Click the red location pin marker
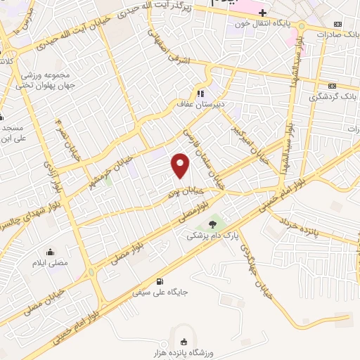click(x=181, y=165)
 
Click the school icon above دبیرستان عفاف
click(x=200, y=93)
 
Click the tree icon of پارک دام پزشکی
click(x=213, y=224)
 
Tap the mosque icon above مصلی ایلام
click(x=51, y=252)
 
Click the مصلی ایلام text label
click(x=51, y=262)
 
